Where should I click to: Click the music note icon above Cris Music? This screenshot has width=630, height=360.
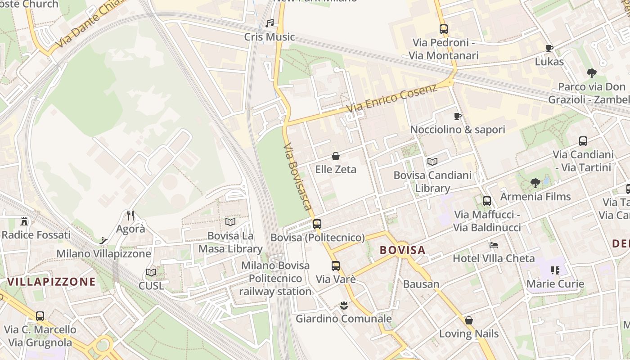[270, 23]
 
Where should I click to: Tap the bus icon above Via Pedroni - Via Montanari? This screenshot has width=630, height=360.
[444, 29]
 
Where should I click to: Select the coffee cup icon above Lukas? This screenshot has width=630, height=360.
[549, 48]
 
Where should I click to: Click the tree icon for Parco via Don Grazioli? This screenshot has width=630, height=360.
[592, 73]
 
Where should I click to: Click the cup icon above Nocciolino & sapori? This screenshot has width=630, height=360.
[458, 117]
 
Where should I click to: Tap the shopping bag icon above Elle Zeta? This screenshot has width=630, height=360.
[336, 156]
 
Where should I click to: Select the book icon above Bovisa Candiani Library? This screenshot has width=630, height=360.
[432, 162]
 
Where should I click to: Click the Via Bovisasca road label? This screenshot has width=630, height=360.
[298, 176]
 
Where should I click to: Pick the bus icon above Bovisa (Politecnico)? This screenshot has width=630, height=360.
[317, 224]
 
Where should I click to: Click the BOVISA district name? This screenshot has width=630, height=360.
[402, 250]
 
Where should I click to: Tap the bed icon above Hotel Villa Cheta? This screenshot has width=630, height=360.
[494, 245]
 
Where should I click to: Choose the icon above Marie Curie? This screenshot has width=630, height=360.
[555, 270]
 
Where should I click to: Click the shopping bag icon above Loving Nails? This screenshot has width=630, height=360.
[468, 320]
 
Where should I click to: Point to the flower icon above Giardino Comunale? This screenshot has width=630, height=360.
[344, 306]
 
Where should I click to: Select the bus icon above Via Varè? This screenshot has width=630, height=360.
[336, 265]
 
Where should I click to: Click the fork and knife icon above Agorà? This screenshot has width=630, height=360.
[130, 216]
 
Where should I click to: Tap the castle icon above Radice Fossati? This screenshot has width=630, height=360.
[24, 221]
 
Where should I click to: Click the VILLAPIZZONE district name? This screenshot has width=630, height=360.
[51, 282]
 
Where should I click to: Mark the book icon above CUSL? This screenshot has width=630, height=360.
[151, 272]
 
